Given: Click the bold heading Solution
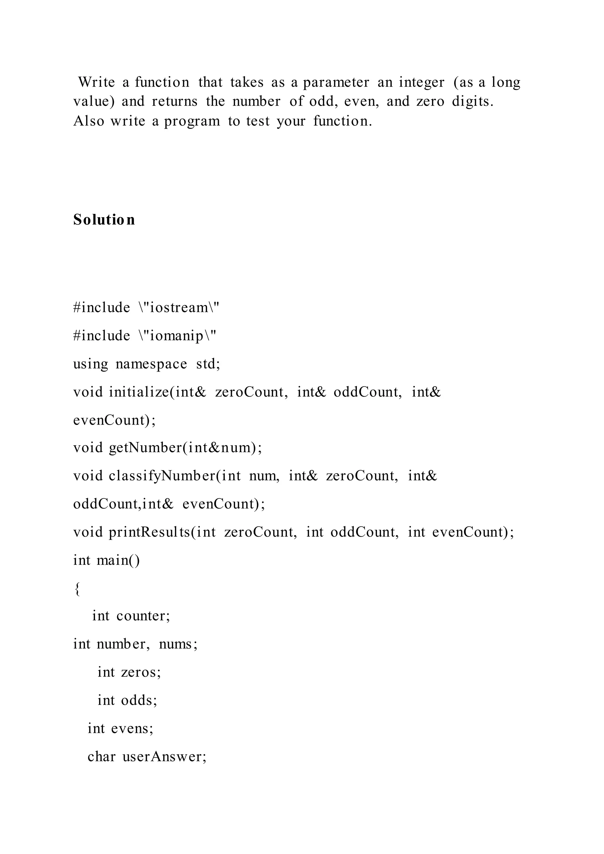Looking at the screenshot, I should tap(104, 219).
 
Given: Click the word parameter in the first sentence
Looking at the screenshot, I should tap(336, 83).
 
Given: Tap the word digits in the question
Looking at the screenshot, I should tap(472, 101).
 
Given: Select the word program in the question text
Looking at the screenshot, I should tap(192, 121).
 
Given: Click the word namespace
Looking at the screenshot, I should tap(151, 364).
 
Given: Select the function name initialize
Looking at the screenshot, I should tap(139, 392).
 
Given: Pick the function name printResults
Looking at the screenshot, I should tap(150, 532).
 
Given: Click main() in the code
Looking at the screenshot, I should tap(118, 560).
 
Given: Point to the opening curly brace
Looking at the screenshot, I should tap(77, 589).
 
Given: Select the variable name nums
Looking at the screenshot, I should tap(178, 644).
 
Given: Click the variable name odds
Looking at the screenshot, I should tap(139, 700).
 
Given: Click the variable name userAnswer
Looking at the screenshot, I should tap(164, 757).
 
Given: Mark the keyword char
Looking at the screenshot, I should tap(101, 757).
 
